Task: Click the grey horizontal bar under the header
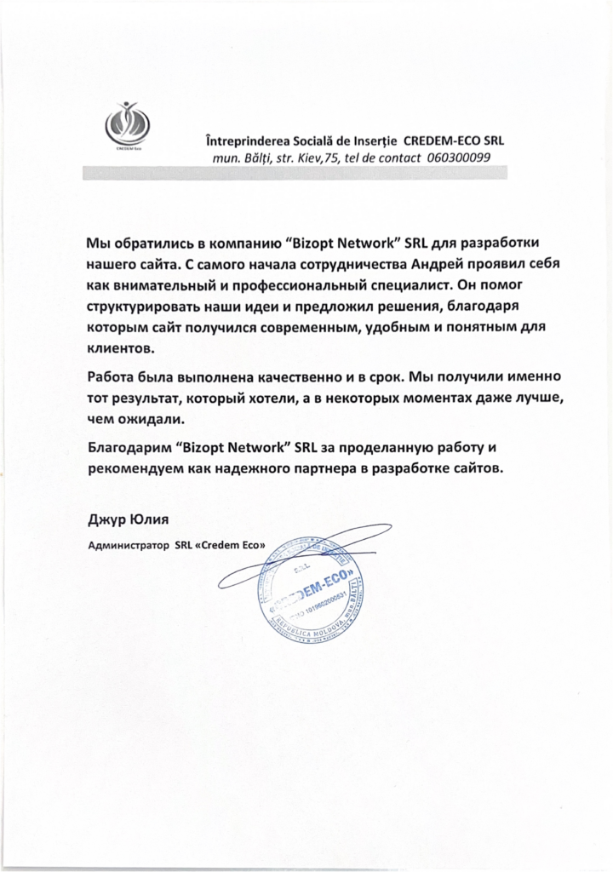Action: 295,172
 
